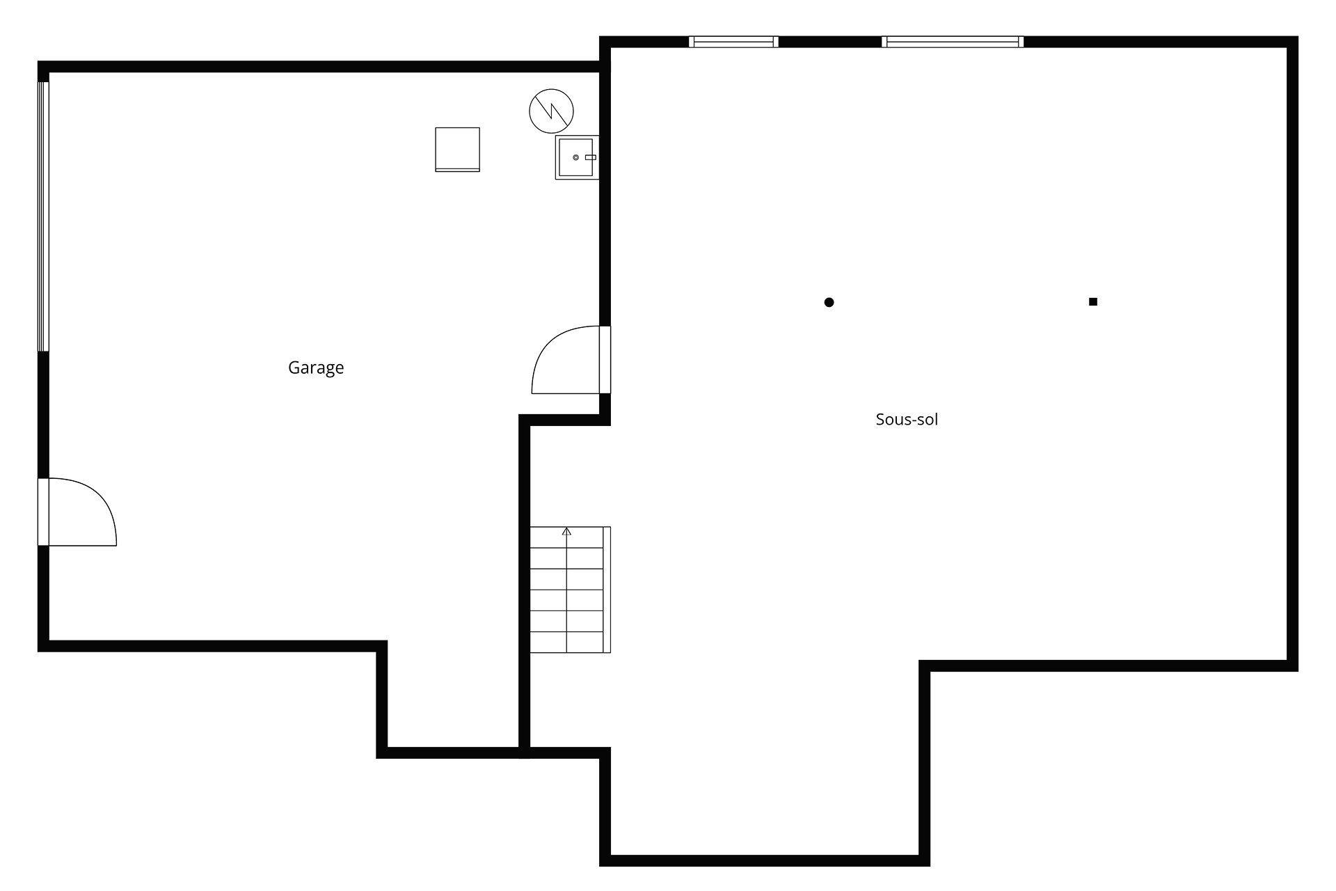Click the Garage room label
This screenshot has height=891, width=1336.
(316, 368)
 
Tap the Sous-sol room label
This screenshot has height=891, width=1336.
(907, 419)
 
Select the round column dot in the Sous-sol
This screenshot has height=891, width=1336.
(829, 302)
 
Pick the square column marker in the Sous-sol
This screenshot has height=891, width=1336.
(1093, 301)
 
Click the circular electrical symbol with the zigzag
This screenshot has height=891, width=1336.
(552, 111)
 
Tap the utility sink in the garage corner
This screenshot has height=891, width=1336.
(577, 157)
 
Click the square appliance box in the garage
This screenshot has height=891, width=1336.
(457, 149)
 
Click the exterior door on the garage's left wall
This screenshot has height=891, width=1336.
(77, 512)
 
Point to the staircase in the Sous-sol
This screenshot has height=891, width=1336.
(570, 590)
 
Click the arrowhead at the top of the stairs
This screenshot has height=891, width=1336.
(566, 531)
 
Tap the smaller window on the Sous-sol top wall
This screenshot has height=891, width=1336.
(733, 42)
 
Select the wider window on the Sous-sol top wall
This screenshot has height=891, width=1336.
(953, 42)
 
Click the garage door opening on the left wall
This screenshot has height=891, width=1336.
(43, 216)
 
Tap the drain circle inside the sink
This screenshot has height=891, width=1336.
(576, 157)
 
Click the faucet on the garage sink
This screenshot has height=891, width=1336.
(590, 157)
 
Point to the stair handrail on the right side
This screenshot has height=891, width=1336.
(607, 590)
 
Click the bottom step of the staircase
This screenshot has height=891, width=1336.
(566, 642)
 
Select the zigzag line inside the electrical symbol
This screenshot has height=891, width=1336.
(552, 111)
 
